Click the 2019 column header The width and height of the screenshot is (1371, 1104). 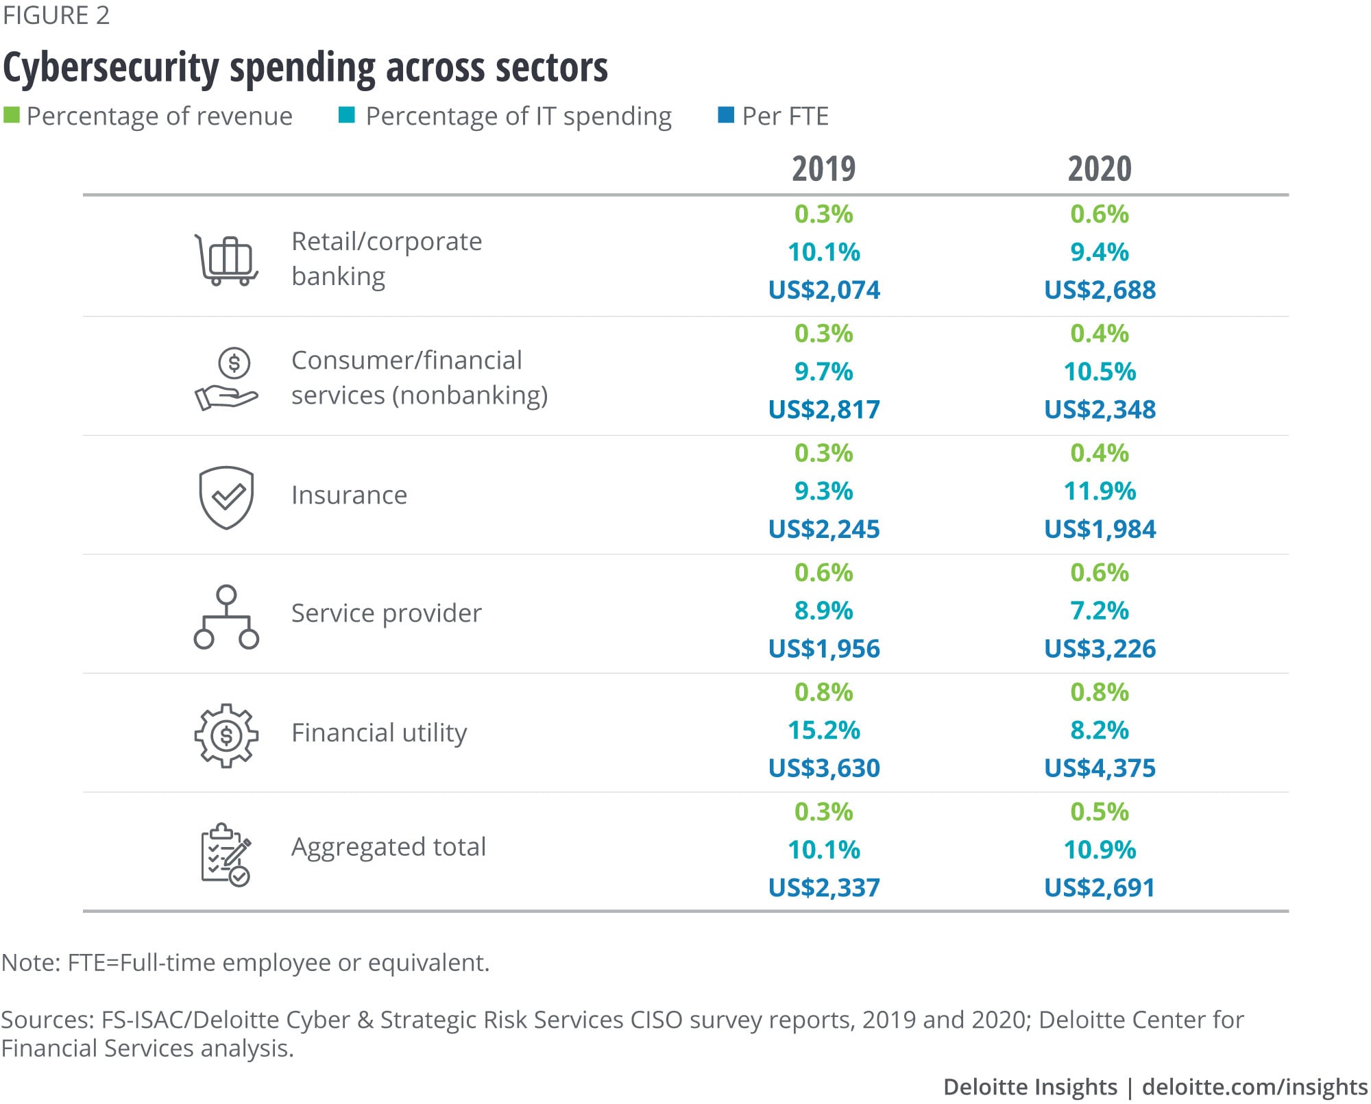click(x=823, y=169)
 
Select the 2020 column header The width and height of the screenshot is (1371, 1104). click(x=1100, y=169)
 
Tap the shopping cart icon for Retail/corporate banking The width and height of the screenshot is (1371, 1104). click(x=226, y=260)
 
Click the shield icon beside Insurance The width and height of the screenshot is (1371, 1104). click(x=226, y=498)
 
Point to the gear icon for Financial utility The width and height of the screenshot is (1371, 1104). click(x=226, y=735)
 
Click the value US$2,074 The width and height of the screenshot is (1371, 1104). click(x=823, y=290)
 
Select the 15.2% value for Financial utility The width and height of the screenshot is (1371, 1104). click(x=823, y=730)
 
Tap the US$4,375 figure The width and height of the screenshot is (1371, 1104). click(x=1100, y=768)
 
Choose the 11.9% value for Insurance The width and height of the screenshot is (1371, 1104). click(x=1100, y=491)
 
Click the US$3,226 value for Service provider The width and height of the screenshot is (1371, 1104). click(x=1100, y=648)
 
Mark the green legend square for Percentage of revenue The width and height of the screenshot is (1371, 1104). click(x=11, y=115)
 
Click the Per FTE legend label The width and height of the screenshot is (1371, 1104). click(x=785, y=116)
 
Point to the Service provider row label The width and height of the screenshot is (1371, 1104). click(x=386, y=613)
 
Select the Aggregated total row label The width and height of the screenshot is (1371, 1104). click(x=388, y=847)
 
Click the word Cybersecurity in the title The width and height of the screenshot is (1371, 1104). click(x=111, y=69)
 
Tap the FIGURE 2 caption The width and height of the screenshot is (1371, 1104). click(x=56, y=15)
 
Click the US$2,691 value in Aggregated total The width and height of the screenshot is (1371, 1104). click(x=1100, y=887)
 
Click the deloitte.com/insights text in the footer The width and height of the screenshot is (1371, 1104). click(x=1254, y=1087)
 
